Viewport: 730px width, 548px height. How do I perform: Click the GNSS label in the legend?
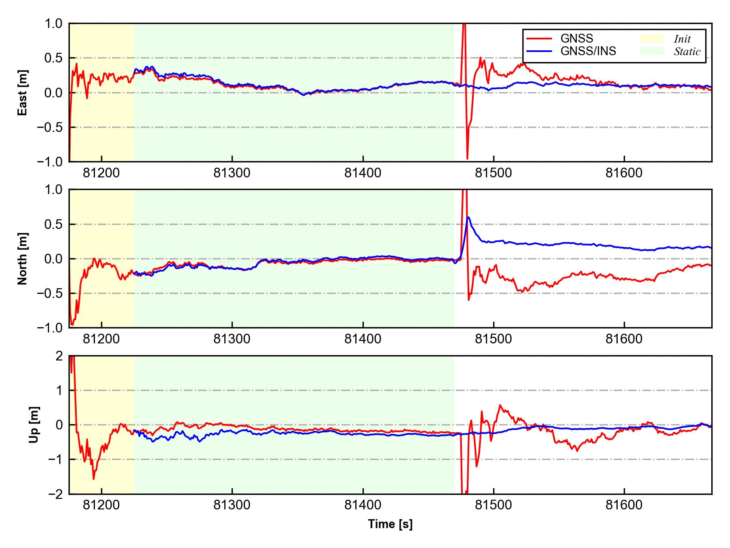576,39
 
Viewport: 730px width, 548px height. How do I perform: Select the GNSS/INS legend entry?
588,51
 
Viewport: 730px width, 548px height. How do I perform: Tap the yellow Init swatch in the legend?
652,39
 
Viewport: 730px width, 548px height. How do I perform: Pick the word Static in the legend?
687,52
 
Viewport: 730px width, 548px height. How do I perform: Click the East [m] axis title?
23,93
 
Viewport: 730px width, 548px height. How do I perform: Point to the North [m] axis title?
23,259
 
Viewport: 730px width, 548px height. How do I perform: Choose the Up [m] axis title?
34,425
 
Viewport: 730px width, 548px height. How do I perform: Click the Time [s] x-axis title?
390,524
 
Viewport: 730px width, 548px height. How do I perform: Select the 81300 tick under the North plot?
232,339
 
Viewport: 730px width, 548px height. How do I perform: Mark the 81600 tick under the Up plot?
624,505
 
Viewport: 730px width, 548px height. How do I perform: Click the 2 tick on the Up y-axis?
59,356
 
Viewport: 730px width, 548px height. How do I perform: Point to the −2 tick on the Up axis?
55,494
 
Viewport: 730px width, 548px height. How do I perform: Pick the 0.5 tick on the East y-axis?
54,58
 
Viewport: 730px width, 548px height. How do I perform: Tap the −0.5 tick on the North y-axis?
50,293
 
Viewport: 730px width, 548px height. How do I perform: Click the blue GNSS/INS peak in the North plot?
469,218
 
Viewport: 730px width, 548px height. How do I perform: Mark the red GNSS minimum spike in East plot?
467,158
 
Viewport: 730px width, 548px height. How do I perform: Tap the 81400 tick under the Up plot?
363,505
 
